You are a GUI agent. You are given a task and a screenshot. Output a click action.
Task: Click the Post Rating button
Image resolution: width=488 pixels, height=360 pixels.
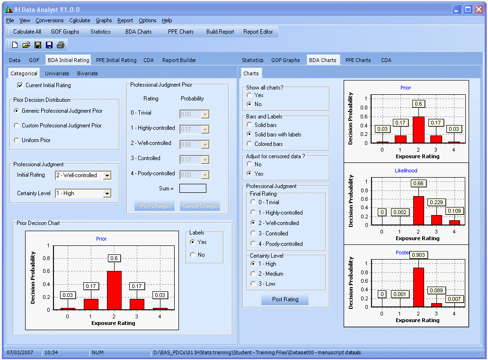tap(285, 299)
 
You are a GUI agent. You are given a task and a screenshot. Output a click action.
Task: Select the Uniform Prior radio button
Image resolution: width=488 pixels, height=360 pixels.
tap(17, 140)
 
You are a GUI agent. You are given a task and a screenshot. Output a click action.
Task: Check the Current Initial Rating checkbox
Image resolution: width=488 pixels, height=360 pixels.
tap(20, 85)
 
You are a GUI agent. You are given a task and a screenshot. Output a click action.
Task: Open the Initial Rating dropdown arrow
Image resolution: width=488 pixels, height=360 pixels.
tap(107, 175)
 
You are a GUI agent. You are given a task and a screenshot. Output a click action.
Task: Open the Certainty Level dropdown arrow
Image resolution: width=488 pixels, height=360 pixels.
tap(107, 193)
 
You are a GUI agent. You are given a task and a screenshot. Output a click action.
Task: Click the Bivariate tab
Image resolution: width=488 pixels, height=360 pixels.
tap(88, 73)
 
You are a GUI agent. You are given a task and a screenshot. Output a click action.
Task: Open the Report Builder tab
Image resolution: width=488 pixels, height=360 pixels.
tap(179, 60)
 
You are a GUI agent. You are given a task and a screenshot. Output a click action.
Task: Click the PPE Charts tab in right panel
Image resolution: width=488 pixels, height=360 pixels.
tap(358, 60)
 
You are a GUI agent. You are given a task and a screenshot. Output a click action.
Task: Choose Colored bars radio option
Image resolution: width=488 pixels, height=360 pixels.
tap(249, 144)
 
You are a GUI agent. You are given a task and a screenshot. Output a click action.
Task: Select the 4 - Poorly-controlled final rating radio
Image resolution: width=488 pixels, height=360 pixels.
tap(253, 244)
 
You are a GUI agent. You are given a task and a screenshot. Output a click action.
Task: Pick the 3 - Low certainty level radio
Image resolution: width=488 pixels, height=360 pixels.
tap(253, 284)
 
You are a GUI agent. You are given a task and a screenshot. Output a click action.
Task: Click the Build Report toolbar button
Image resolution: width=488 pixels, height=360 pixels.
tap(220, 32)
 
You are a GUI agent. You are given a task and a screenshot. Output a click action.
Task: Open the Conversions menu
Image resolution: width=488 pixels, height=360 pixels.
tap(49, 20)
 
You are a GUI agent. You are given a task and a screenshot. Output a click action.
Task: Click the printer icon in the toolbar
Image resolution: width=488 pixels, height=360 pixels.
tap(61, 45)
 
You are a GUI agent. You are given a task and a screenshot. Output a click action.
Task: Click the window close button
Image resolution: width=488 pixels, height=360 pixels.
tap(479, 9)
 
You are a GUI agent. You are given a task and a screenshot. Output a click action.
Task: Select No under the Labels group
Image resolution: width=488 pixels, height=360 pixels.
tap(192, 255)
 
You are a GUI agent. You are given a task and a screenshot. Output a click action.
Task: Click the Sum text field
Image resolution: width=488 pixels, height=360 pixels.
tap(193, 189)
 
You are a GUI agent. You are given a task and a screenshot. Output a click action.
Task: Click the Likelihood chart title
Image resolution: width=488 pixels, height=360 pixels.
tap(406, 171)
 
